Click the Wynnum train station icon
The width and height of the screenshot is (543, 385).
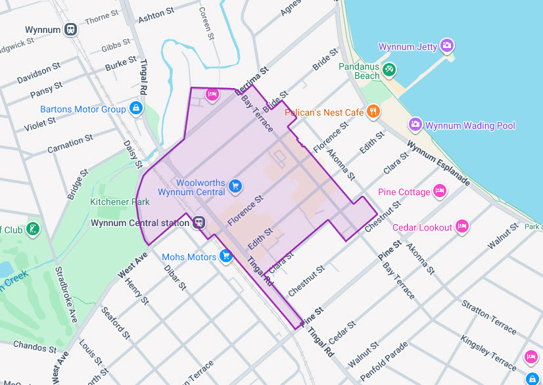70,30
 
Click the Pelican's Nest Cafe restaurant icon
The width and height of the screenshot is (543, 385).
373,112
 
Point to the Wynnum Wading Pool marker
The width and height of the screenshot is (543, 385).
415,124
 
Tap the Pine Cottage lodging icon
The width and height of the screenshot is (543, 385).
440,191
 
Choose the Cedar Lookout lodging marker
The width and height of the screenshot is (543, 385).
462,227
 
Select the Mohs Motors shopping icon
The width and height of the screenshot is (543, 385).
226,256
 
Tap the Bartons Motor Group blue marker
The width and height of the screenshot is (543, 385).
135,108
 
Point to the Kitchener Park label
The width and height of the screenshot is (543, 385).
120,202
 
